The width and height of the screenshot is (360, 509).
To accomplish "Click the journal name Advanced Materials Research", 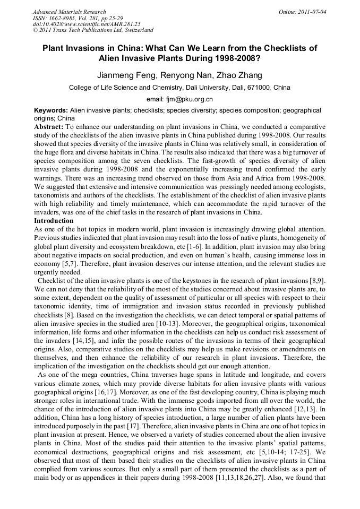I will pos(69,12).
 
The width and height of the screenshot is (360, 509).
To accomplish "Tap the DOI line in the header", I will pos(87,24).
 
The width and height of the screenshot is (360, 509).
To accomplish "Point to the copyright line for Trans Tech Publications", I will pos(93,30).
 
